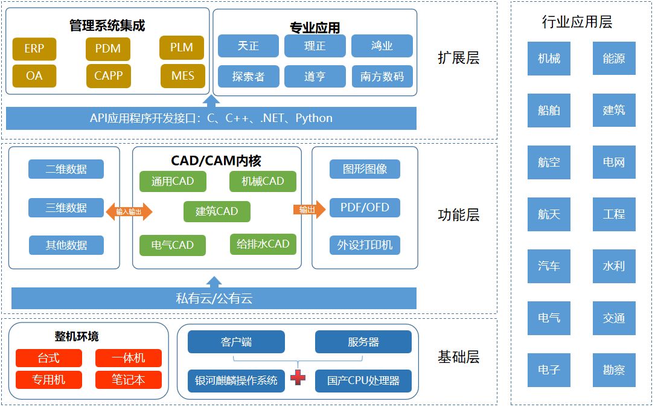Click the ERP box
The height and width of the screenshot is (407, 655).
pos(34,49)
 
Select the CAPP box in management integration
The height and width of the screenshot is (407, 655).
pos(108,75)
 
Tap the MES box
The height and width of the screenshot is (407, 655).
pos(182,76)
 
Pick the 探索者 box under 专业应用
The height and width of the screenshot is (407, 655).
pos(248,77)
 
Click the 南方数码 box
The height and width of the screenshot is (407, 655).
pos(382,77)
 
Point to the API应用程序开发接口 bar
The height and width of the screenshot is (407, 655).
pos(211,118)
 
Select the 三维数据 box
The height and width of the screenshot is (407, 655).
pos(66,208)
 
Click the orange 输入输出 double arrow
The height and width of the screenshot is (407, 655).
pos(129,211)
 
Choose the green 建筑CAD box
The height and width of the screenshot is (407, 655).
pos(217,211)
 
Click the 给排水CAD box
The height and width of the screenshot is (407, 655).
pos(263,244)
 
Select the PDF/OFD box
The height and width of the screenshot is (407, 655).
pos(365,208)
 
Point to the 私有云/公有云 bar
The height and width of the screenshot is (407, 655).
pos(214,298)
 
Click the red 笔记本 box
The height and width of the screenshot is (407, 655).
pos(128,379)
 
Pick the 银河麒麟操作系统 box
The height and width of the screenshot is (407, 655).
pos(236,380)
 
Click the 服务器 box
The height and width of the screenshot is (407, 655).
pos(363,342)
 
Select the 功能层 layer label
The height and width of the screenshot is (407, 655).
pos(458,215)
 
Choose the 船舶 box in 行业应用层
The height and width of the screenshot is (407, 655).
pos(549,111)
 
